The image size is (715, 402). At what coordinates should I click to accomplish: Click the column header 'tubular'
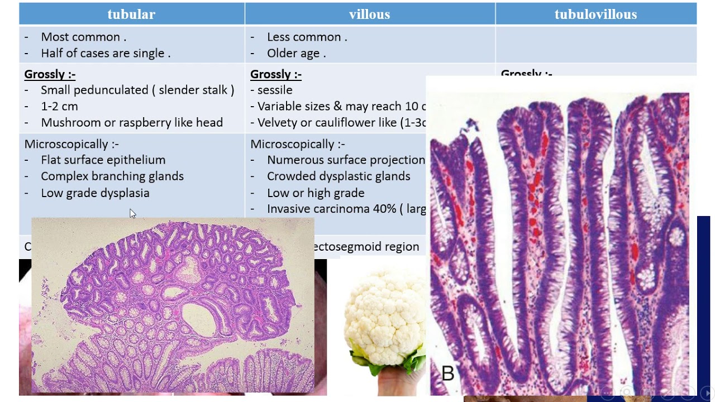point(131,15)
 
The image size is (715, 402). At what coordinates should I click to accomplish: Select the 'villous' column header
point(369,15)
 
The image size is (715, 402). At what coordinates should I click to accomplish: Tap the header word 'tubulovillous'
point(595,15)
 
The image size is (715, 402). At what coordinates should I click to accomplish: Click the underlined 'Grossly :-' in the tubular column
point(50,74)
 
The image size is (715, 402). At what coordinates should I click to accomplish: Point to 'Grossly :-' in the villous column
point(275,74)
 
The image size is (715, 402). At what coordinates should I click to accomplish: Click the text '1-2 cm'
point(59,106)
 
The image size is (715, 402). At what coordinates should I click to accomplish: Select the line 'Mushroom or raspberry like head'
point(132,122)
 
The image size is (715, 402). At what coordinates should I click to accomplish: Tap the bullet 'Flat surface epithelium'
point(103,160)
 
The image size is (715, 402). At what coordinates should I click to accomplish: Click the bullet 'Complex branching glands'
point(112,176)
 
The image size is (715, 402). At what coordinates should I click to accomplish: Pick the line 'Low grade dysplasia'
point(95,193)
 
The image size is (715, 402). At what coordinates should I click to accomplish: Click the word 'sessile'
point(275,90)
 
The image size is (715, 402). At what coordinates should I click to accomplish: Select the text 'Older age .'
point(296,53)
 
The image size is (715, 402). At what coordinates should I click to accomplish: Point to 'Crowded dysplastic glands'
point(338,176)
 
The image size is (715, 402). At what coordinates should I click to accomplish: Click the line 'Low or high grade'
point(316,193)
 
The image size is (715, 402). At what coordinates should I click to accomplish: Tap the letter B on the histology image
point(447,373)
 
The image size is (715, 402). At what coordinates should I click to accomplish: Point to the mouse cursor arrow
point(132,213)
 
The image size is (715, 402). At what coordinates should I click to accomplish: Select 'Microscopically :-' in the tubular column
point(71,144)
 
